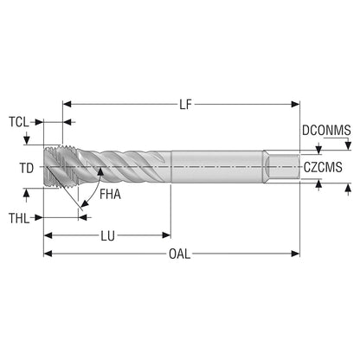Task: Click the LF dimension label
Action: pos(185,105)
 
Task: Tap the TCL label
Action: pos(19,122)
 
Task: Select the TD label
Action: pos(27,168)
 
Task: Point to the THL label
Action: pos(19,218)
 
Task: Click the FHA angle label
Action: pos(110,194)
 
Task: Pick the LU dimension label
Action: pos(107,236)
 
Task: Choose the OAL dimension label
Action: pos(180,254)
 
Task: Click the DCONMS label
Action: pos(326,131)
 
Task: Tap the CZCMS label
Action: pos(323,167)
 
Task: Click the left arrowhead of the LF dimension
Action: pos(67,104)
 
